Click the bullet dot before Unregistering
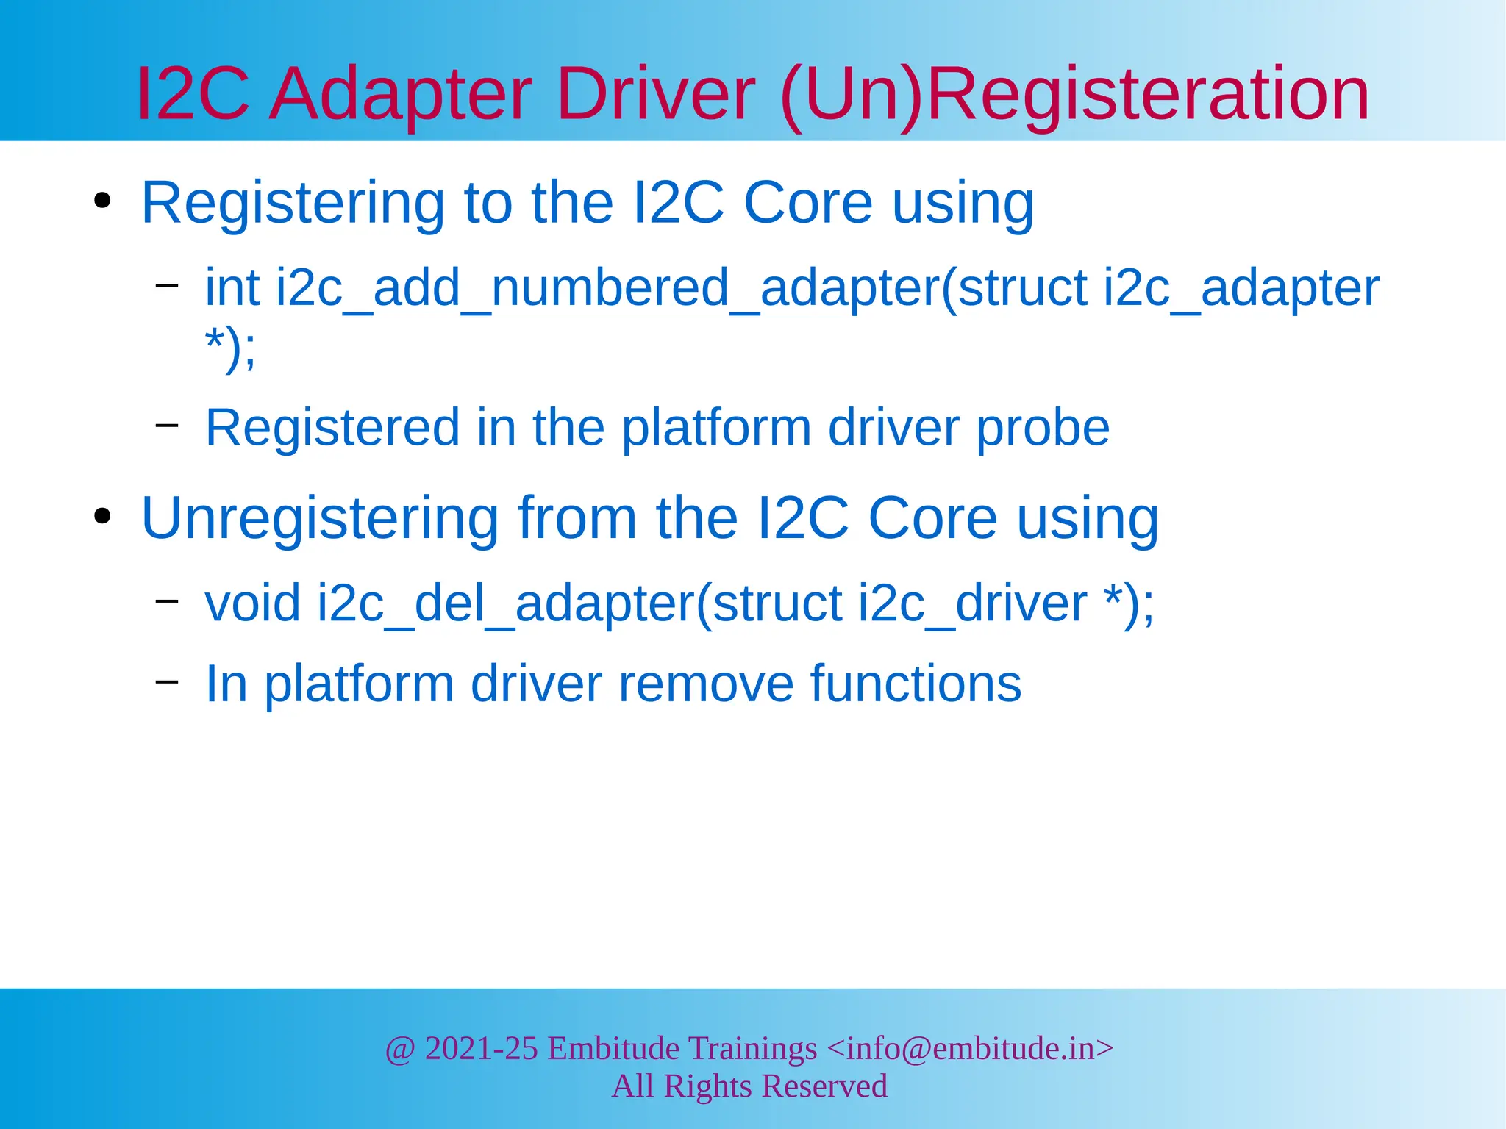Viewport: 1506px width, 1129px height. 102,516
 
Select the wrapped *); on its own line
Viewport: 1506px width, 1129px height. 231,348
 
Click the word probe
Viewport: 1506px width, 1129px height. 1043,429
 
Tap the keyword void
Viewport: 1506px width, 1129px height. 252,603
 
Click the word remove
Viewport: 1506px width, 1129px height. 705,684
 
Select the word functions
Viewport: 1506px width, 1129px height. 916,684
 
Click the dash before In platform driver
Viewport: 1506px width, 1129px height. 167,681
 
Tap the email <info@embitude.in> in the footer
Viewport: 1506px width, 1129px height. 970,1048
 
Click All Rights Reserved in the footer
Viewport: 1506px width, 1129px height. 749,1086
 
